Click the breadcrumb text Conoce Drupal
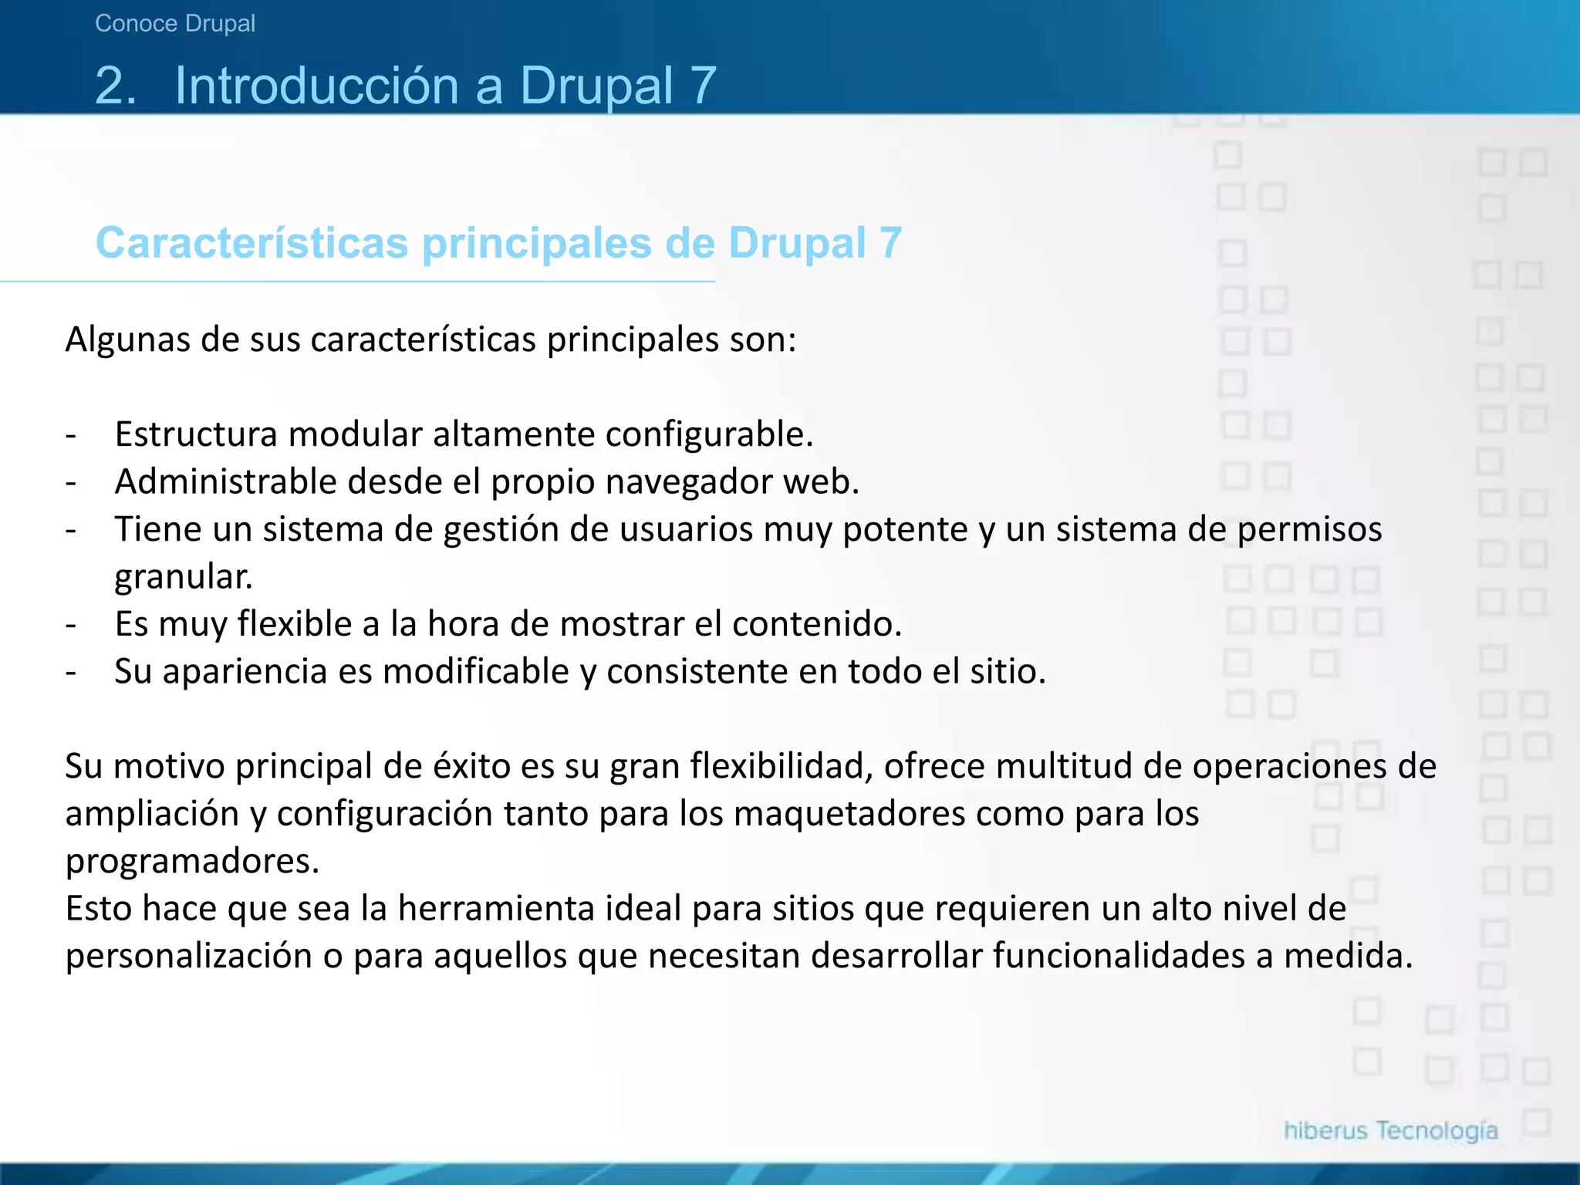pos(175,24)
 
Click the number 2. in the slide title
pos(116,85)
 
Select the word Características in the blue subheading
pos(252,243)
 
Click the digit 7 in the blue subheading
pos(890,243)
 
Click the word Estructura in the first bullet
pos(196,434)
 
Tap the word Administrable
pos(225,482)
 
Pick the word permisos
pos(1309,530)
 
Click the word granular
pos(183,577)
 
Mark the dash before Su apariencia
pos(71,672)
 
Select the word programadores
pos(192,862)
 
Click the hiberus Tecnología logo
pos(1390,1131)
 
